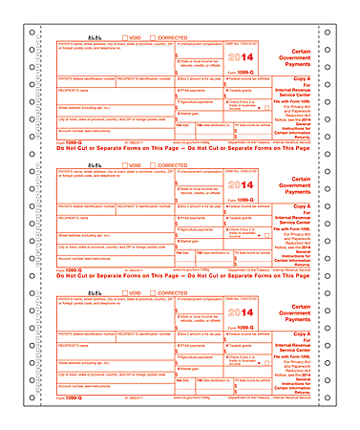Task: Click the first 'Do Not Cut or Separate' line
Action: pyautogui.click(x=180, y=151)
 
